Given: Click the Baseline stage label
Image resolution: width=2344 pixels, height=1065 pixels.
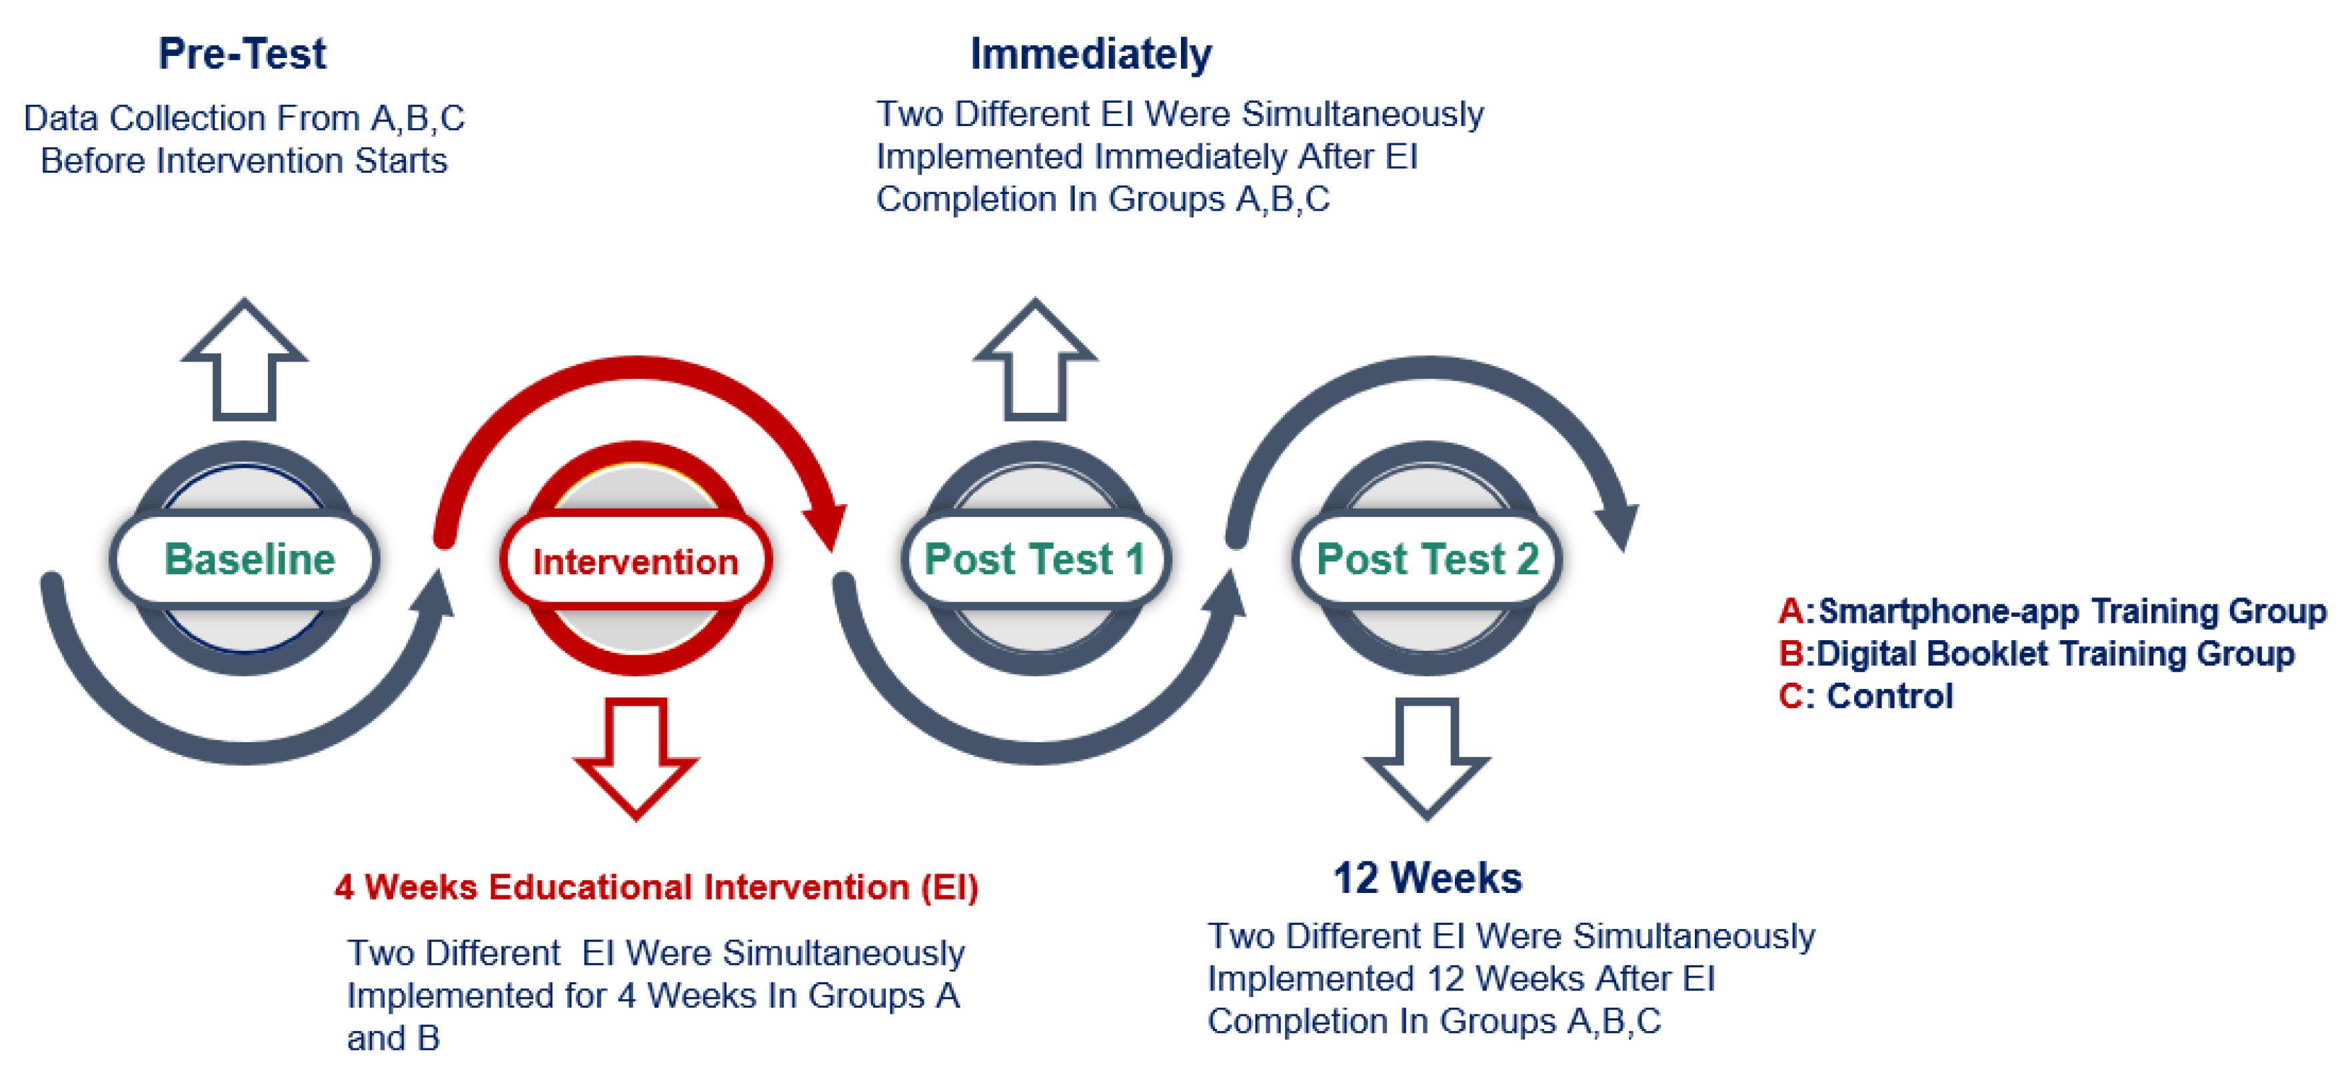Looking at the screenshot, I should pyautogui.click(x=249, y=559).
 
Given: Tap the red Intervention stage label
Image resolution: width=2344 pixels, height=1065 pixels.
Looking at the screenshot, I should pyautogui.click(x=635, y=562).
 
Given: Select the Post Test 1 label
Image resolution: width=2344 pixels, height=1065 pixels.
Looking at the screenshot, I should pyautogui.click(x=1034, y=559).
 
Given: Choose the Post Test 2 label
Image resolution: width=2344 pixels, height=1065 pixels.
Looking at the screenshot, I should pyautogui.click(x=1428, y=559).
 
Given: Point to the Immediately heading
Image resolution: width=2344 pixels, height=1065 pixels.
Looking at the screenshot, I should pyautogui.click(x=1091, y=54).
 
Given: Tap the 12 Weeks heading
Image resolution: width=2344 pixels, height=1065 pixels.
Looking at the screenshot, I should pyautogui.click(x=1427, y=878).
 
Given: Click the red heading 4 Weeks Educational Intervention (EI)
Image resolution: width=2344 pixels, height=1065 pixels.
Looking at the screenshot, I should pyautogui.click(x=656, y=888).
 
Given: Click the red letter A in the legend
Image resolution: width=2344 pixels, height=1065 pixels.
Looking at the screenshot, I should pyautogui.click(x=1791, y=611).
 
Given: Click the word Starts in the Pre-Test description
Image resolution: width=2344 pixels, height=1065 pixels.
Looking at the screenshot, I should pyautogui.click(x=401, y=161).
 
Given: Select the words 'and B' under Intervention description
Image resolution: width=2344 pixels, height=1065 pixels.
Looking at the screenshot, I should pyautogui.click(x=393, y=1038).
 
